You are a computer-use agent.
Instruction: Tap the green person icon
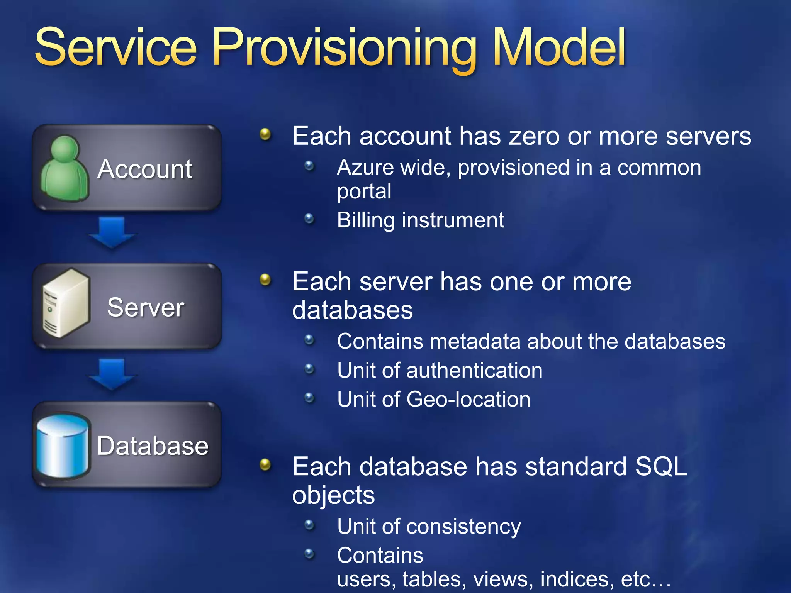tap(65, 169)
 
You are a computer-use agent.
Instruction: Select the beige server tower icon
tap(66, 303)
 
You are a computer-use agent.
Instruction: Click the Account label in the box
tap(145, 169)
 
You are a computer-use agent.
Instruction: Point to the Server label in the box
tap(146, 307)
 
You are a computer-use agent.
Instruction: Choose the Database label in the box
tap(153, 446)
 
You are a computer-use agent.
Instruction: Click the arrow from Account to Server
tap(112, 232)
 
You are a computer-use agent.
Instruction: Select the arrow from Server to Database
tap(112, 373)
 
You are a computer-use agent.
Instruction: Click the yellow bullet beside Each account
tap(265, 134)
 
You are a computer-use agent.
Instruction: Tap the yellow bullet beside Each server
tap(265, 280)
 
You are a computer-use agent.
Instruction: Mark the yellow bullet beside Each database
tap(265, 464)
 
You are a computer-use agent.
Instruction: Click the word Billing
tap(365, 220)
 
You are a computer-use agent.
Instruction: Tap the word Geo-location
tap(468, 399)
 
